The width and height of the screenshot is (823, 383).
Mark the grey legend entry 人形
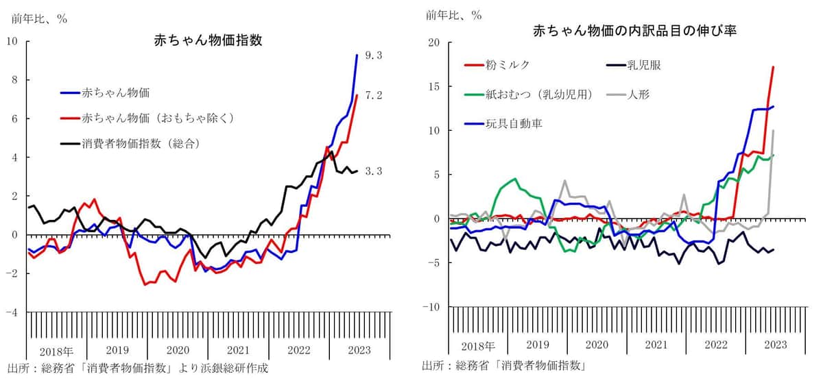pos(639,95)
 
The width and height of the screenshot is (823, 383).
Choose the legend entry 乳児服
pos(644,66)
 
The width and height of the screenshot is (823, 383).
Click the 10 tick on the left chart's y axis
pos(12,41)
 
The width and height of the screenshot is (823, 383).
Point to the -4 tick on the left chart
pos(12,312)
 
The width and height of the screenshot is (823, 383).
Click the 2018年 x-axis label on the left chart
pos(56,350)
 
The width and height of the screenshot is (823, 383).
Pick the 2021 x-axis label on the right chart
pos(656,345)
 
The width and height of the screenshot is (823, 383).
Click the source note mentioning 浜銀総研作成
pos(138,369)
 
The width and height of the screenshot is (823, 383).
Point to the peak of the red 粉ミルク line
pos(774,66)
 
